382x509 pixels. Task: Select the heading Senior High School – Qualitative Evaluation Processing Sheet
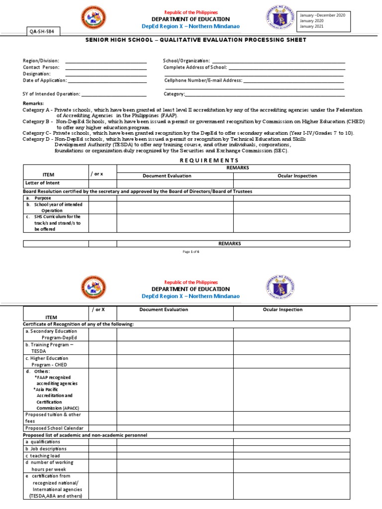click(191, 40)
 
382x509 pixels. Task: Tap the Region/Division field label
click(41, 60)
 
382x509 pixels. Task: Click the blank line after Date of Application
click(107, 81)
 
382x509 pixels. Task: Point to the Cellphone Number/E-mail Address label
click(203, 80)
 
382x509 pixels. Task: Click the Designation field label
click(37, 74)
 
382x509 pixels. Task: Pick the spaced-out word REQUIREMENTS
click(209, 160)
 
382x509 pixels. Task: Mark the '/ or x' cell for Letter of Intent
click(103, 183)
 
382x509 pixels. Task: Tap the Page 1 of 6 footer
click(191, 252)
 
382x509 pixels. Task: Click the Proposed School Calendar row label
click(54, 428)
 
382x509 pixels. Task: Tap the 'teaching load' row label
click(44, 455)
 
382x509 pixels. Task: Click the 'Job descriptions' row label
click(46, 448)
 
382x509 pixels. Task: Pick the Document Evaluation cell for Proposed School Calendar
click(175, 428)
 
